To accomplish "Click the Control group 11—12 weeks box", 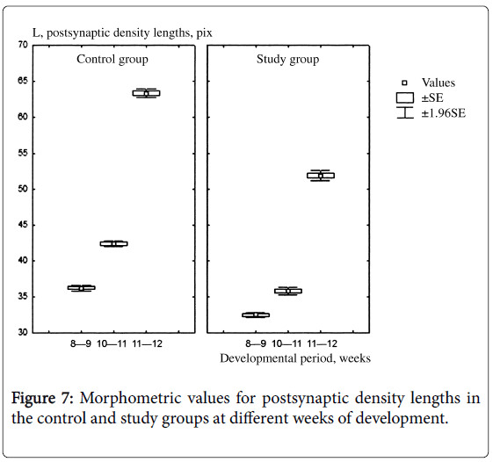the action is click(146, 93).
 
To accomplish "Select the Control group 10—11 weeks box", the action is click(114, 243).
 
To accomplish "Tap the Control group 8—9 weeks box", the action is click(82, 287).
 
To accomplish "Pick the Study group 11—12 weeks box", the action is click(321, 176).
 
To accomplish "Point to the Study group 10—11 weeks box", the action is click(288, 291).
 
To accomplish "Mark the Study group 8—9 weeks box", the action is click(256, 315).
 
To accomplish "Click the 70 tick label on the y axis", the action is click(23, 46).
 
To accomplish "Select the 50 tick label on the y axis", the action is click(23, 189).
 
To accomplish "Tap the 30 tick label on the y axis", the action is click(23, 333).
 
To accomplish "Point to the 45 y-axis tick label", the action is click(23, 225).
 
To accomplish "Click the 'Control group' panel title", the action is click(112, 60).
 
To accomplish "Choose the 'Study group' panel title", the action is click(287, 60).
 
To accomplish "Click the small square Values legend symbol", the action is click(404, 83).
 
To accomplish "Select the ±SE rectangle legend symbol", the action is click(405, 97).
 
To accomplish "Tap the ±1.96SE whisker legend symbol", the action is click(405, 112).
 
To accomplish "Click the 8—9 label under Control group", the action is click(81, 343).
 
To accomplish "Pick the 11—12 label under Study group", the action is click(323, 343).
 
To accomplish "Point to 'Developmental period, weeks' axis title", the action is click(295, 358).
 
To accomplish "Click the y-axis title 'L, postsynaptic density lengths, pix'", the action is click(122, 33).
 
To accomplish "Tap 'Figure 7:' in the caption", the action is click(43, 398).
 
